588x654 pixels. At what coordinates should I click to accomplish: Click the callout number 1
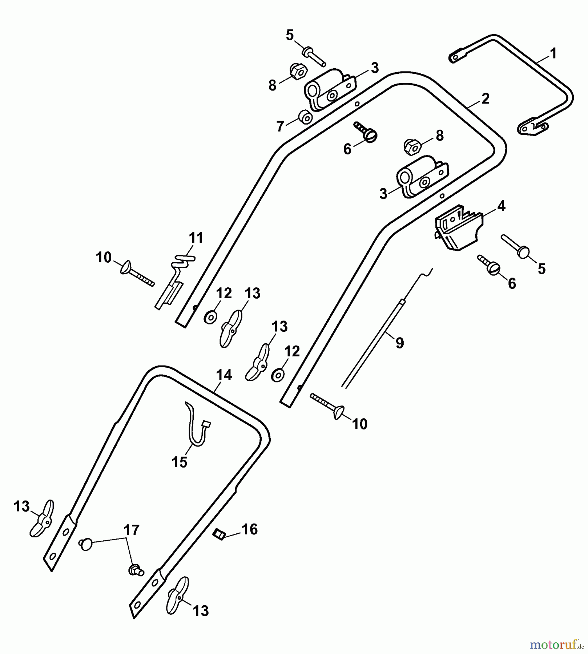pyautogui.click(x=553, y=54)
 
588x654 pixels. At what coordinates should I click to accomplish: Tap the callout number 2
pyautogui.click(x=486, y=99)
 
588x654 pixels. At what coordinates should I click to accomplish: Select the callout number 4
pyautogui.click(x=501, y=206)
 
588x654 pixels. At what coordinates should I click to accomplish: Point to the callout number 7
pyautogui.click(x=280, y=126)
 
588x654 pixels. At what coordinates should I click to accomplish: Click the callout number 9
pyautogui.click(x=399, y=342)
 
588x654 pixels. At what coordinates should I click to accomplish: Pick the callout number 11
pyautogui.click(x=196, y=238)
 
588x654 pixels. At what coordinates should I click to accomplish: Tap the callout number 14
pyautogui.click(x=224, y=375)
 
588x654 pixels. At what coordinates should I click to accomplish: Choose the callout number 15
pyautogui.click(x=180, y=462)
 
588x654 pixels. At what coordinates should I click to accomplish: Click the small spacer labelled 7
pyautogui.click(x=305, y=117)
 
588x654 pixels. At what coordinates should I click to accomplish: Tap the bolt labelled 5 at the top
pyautogui.click(x=313, y=56)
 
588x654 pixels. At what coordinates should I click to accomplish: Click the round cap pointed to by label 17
pyautogui.click(x=86, y=544)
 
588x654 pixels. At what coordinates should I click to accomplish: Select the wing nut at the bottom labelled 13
pyautogui.click(x=177, y=596)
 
